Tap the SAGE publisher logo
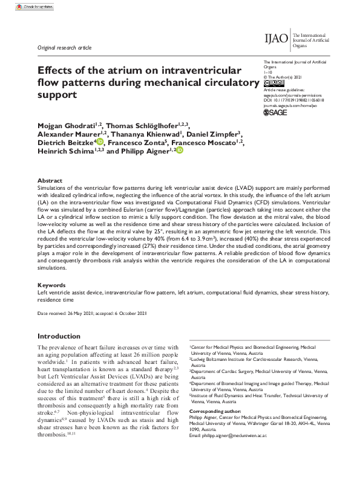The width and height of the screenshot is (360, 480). [276, 112]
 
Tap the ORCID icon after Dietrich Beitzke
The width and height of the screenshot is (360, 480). [100, 142]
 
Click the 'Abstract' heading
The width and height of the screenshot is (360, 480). [50, 180]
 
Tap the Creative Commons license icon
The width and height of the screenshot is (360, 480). [273, 83]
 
